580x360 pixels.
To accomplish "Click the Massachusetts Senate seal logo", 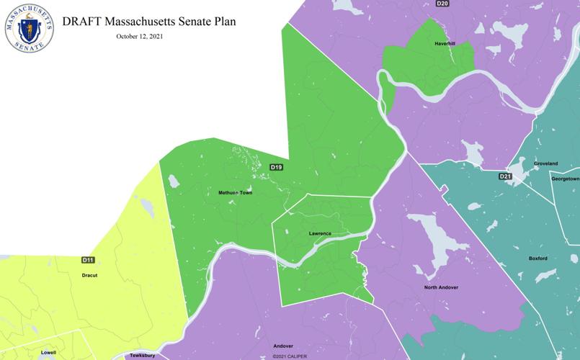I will (30, 27).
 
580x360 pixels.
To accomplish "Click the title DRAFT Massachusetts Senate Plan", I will (149, 22).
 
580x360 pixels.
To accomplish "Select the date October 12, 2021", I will (139, 37).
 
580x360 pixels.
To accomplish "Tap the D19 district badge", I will (276, 167).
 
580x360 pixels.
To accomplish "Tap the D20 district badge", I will (442, 4).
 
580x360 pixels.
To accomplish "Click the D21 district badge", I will (505, 176).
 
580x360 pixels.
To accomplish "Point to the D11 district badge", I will (88, 259).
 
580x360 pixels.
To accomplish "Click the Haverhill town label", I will (444, 43).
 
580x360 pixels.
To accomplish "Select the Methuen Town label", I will (235, 193).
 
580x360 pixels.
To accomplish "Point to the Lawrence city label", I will (320, 233).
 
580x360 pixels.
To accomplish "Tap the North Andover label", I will (441, 287).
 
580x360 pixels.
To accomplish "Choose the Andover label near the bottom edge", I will (283, 346).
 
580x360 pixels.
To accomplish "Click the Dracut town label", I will (89, 275).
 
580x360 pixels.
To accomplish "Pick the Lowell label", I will (48, 353).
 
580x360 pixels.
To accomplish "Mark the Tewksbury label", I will (142, 356).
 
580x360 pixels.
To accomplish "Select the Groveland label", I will (545, 163).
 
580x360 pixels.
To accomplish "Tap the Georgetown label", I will (566, 179).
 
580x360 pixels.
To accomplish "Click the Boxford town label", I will (537, 258).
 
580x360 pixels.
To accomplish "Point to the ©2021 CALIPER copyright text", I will (290, 356).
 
